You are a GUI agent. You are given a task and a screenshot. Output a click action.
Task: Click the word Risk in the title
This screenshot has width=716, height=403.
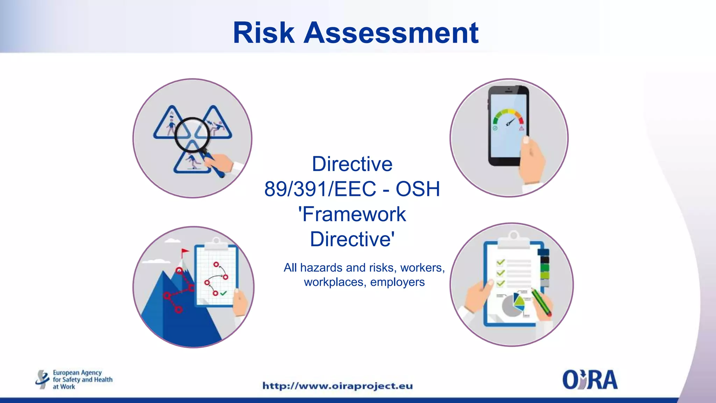coord(264,33)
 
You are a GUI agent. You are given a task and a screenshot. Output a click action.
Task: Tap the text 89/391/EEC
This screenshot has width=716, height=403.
coord(320,189)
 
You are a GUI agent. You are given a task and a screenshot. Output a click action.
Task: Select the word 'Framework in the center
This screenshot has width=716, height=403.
coord(352,214)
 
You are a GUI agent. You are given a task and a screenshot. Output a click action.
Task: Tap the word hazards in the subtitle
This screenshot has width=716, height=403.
coord(321,268)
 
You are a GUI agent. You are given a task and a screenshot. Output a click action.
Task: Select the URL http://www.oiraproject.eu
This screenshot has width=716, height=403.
coord(337,386)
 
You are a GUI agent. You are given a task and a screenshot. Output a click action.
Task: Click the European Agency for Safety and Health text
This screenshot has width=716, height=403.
coord(82,379)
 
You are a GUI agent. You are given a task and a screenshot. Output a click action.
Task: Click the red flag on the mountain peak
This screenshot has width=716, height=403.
coord(185,252)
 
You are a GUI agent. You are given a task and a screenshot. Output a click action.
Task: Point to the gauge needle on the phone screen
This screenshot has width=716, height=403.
coord(511,122)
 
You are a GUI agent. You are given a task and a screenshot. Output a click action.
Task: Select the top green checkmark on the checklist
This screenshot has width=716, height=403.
coord(501,262)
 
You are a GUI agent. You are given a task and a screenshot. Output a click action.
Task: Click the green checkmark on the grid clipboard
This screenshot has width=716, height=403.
coord(223,293)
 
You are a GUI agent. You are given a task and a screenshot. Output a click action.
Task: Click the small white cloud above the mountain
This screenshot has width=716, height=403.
coord(172,241)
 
